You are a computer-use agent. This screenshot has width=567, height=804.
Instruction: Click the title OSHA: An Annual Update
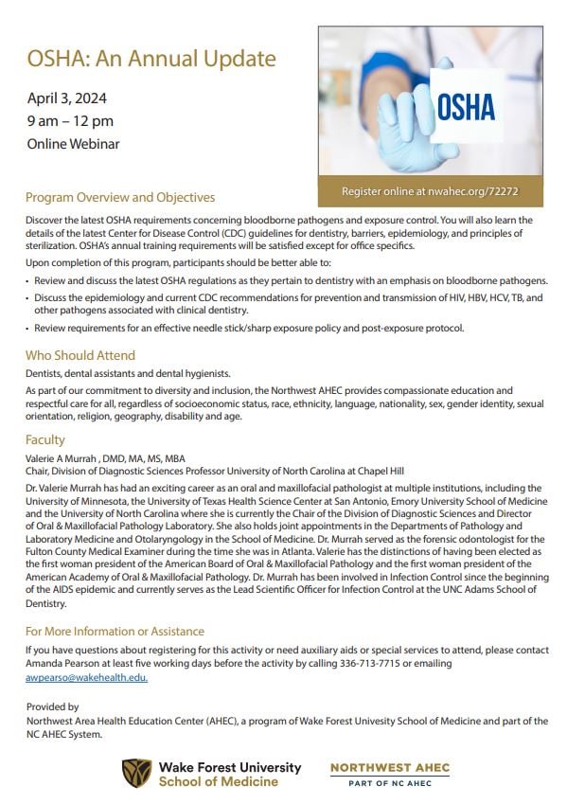(x=151, y=59)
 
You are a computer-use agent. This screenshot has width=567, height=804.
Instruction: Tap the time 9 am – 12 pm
(x=69, y=120)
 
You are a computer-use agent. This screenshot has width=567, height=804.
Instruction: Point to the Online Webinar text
(x=73, y=144)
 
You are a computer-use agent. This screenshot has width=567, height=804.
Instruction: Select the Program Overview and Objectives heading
(x=120, y=197)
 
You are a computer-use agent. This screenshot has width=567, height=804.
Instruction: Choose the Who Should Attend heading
(x=80, y=355)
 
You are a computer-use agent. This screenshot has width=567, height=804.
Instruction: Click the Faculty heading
(x=45, y=439)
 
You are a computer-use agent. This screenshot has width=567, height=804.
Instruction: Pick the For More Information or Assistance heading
(x=115, y=631)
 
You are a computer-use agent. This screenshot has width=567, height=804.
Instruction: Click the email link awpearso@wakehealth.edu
(x=86, y=678)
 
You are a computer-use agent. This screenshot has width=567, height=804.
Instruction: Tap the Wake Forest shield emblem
(x=136, y=773)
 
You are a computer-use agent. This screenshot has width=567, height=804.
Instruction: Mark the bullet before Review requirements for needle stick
(x=27, y=328)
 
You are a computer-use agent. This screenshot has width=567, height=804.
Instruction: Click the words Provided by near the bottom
(x=53, y=706)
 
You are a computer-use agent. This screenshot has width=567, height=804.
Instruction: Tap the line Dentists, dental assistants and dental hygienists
(x=128, y=373)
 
